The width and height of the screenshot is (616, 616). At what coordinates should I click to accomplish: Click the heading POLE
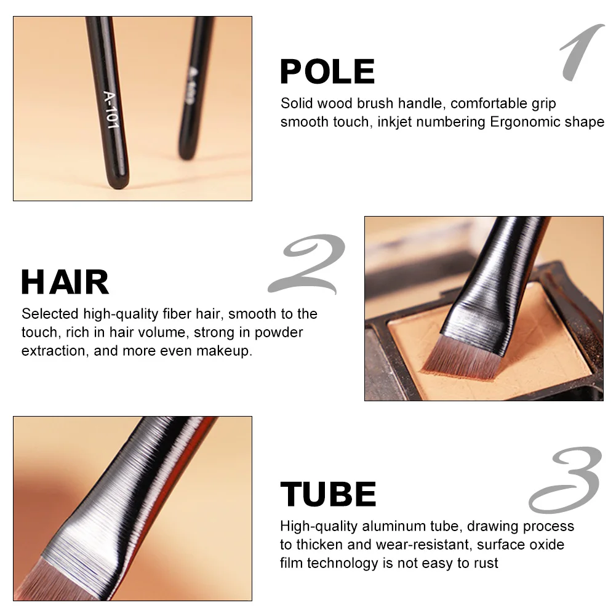coord(327,71)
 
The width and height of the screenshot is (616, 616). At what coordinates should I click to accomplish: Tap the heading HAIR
coord(65,282)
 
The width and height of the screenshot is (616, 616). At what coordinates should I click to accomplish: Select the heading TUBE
coord(328,494)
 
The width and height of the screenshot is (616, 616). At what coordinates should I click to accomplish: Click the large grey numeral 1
coord(582,54)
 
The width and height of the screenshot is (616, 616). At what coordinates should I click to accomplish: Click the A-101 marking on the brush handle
coord(111,109)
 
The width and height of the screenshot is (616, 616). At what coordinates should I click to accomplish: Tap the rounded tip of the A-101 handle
coord(118,181)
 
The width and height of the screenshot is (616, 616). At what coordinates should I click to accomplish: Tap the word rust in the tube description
coord(486,562)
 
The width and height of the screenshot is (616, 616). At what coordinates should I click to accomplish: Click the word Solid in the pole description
coord(297,103)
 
